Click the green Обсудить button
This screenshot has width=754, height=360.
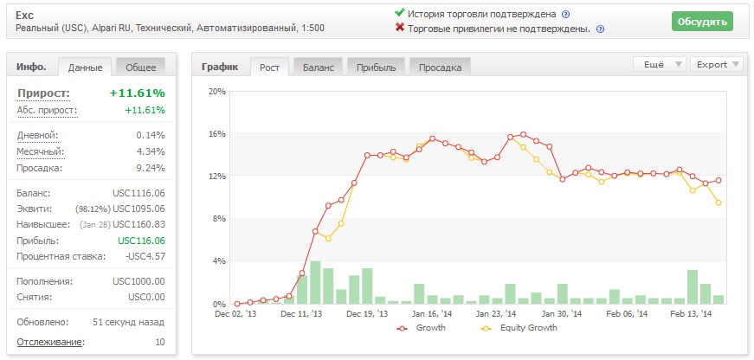tap(702, 22)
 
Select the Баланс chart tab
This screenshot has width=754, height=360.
tap(319, 67)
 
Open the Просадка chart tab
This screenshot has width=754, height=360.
tap(440, 67)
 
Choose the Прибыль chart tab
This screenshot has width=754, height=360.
tap(376, 67)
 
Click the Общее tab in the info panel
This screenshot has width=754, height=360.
tap(141, 67)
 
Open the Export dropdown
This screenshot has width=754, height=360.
tap(717, 64)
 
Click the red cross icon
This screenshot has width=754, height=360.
tap(399, 28)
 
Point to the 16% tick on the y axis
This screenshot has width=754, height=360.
tap(218, 133)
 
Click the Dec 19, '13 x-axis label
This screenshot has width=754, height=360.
tap(367, 313)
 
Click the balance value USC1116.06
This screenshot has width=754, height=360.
tap(139, 193)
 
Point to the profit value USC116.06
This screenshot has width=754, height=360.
tap(141, 241)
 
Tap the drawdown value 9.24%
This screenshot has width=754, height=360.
tap(151, 168)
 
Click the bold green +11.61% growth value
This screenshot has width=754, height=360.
tap(138, 93)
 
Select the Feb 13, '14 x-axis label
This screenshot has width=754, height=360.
tap(692, 313)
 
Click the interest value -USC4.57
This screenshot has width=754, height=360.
tap(145, 256)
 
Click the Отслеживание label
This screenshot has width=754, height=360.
tap(50, 342)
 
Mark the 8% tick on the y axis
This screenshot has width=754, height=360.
tap(220, 219)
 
